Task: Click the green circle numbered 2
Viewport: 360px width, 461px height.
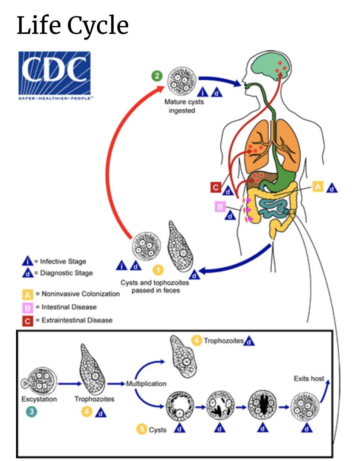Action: coord(157,76)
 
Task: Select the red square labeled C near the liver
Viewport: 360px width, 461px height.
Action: coord(216,187)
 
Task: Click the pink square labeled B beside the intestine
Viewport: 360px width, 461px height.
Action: coord(220,206)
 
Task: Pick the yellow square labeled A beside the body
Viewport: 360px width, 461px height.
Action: coord(318,187)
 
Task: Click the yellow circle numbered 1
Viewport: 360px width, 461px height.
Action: coord(158,270)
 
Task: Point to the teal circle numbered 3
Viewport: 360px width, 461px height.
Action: coord(32,412)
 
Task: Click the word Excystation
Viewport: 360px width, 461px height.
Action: coord(39,399)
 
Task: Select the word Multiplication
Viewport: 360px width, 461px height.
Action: coord(146,384)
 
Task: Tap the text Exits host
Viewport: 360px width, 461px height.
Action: coord(309,379)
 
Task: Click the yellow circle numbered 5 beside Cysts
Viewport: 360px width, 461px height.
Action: coord(142,429)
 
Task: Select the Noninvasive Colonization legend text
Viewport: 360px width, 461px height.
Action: coord(80,294)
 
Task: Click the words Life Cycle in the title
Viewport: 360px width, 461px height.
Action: coord(73,25)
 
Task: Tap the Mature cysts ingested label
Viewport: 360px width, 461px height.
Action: coord(184,106)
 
